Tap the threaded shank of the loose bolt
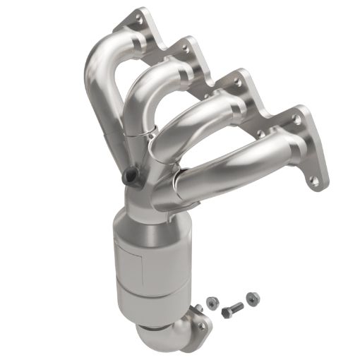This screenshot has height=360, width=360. click(236, 307)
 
